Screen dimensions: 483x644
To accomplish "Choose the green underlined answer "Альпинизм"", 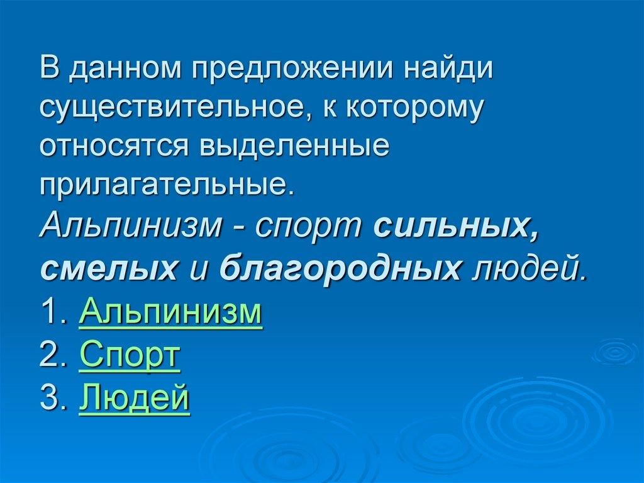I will coord(170,313).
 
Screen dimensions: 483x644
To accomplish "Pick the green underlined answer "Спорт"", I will coord(130,356).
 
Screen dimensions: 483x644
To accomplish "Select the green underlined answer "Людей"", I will coord(134,399).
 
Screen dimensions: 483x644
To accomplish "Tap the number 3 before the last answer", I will coord(51,399).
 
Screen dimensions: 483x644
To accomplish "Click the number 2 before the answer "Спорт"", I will coord(51,356).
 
